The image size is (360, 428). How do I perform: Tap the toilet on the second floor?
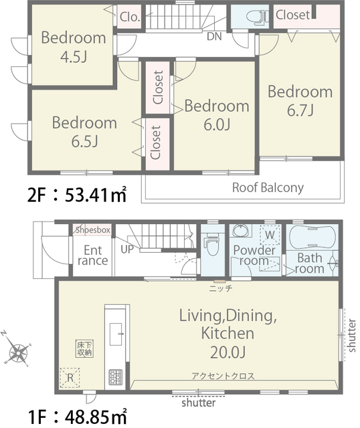(256, 17)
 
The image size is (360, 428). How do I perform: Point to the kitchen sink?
(116, 334)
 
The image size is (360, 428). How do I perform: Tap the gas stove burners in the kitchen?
(116, 377)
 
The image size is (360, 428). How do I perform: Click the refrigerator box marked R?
(70, 378)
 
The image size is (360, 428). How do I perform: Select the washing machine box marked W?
(270, 235)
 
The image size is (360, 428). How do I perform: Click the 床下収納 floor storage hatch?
(84, 348)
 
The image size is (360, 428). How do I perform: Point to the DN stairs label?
(214, 37)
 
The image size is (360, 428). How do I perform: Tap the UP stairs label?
(127, 249)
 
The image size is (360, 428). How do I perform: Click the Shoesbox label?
(93, 230)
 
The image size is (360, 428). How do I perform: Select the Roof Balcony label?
(268, 188)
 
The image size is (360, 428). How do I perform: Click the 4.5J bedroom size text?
(73, 57)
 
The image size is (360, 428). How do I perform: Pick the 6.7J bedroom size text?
(300, 110)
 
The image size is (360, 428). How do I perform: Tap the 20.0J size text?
(228, 352)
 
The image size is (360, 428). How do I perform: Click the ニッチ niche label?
(220, 288)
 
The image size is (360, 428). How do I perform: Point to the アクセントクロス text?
(223, 376)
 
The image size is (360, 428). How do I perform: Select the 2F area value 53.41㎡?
(96, 195)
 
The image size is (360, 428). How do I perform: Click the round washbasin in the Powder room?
(242, 231)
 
